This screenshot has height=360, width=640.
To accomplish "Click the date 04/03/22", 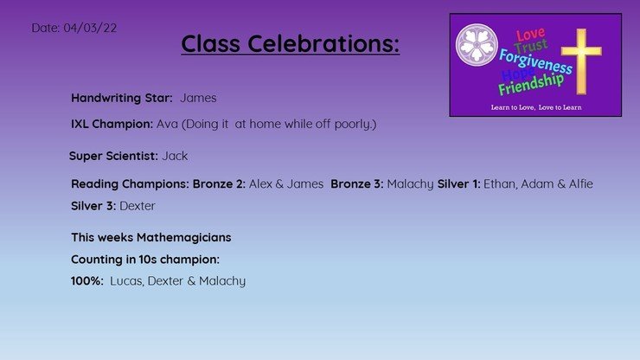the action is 90,28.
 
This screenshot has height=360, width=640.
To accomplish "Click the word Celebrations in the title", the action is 323,43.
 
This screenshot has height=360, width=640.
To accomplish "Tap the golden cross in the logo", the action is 581,61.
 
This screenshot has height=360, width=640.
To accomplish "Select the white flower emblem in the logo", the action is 477,44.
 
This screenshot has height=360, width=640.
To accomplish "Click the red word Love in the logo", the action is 530,34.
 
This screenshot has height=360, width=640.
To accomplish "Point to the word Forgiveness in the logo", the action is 535,61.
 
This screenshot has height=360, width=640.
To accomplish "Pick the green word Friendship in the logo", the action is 531,84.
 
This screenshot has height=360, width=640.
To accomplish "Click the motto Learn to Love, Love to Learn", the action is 536,107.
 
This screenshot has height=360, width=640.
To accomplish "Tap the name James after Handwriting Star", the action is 198,98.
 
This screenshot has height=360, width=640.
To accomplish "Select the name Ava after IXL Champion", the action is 167,124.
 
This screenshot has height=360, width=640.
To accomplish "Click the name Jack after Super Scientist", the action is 175,156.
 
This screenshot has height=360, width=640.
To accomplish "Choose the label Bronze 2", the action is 219,183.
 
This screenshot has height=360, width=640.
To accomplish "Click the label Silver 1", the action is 458,183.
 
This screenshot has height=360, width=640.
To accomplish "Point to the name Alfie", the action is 581,183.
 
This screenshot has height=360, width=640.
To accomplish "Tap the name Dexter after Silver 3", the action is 138,206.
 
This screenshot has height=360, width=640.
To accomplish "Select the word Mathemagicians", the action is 183,238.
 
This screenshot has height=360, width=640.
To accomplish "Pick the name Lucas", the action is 126,281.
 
